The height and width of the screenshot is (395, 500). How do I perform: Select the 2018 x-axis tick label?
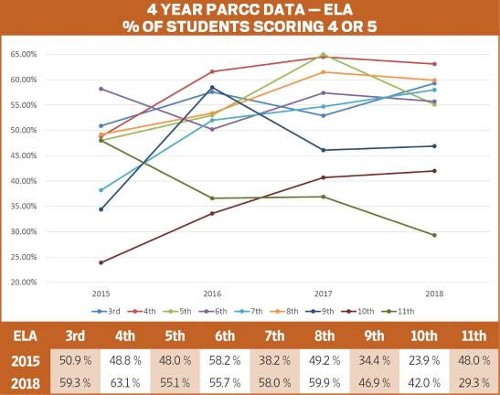(434, 294)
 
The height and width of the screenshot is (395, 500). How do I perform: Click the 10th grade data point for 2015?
(101, 262)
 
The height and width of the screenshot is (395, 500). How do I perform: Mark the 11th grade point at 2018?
(434, 235)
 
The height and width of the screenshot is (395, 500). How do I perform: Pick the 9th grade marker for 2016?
(213, 88)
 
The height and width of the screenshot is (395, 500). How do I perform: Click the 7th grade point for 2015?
(101, 190)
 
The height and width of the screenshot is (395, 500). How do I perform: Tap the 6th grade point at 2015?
(101, 89)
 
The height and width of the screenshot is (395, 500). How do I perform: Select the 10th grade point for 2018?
(434, 171)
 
